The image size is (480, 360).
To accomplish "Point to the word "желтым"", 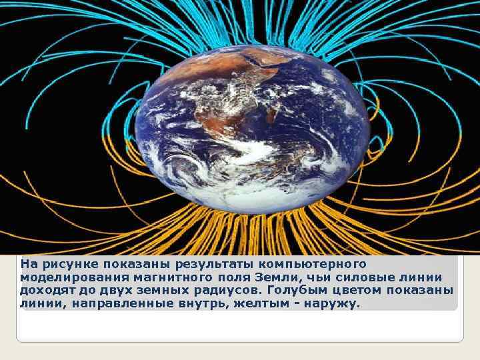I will click(253, 304).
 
